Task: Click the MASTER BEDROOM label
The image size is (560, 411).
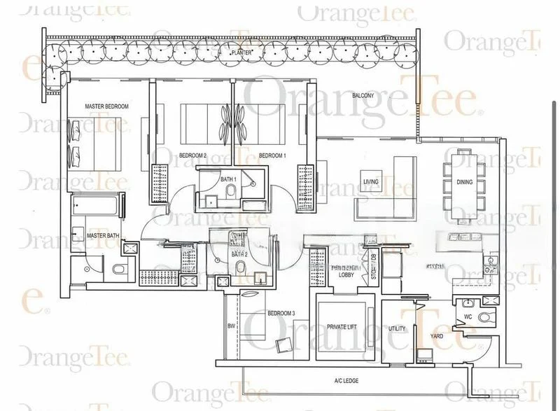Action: point(107,106)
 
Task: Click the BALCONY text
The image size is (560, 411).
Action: point(363,96)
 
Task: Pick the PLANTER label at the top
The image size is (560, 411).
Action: point(243,53)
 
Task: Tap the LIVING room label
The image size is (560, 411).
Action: point(370,182)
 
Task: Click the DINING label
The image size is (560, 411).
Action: point(484,182)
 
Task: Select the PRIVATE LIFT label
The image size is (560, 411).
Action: point(343,326)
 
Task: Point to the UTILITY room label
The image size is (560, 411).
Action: point(397,328)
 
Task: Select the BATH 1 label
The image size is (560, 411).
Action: point(228,180)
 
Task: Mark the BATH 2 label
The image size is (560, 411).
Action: point(239,254)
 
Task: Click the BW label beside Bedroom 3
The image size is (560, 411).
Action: point(231,326)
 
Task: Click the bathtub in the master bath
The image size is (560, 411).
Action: point(97,207)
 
